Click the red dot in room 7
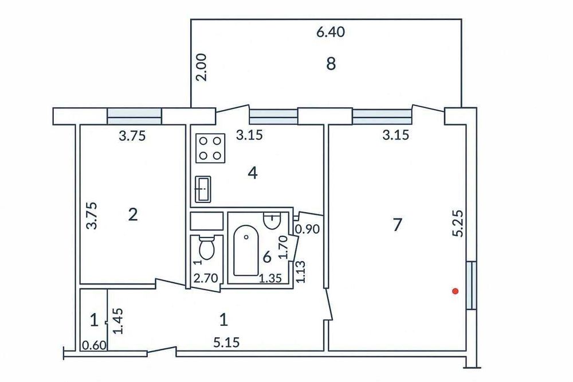pyautogui.click(x=456, y=291)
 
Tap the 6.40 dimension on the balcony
pyautogui.click(x=331, y=32)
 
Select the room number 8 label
pyautogui.click(x=331, y=64)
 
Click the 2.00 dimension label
pyautogui.click(x=201, y=67)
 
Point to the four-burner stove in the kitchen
pyautogui.click(x=210, y=148)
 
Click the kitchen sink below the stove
pyautogui.click(x=203, y=189)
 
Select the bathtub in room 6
pyautogui.click(x=246, y=250)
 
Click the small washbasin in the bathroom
pyautogui.click(x=272, y=221)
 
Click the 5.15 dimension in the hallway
pyautogui.click(x=226, y=342)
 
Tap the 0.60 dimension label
pyautogui.click(x=94, y=345)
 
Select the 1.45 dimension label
pyautogui.click(x=118, y=321)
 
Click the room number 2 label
pyautogui.click(x=133, y=215)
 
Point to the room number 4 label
pyautogui.click(x=253, y=173)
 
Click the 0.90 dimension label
pyautogui.click(x=307, y=229)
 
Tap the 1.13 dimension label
pyautogui.click(x=300, y=271)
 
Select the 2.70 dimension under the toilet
pyautogui.click(x=206, y=278)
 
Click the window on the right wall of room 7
pyautogui.click(x=472, y=285)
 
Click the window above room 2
pyautogui.click(x=134, y=116)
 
